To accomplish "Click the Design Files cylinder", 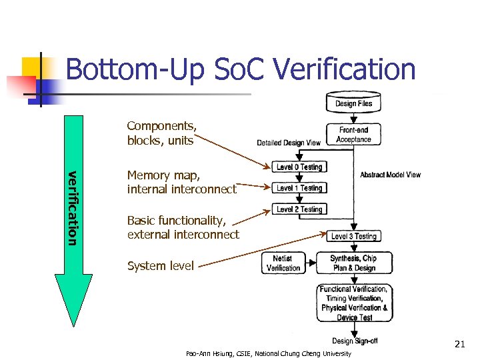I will tap(353, 102).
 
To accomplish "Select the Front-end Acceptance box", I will tap(353, 135).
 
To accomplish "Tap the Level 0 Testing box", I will tap(299, 167).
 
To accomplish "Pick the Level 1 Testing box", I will tap(299, 188).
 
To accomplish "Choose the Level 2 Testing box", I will tap(299, 209).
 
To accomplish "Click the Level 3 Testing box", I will tap(354, 236).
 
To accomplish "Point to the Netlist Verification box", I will tap(283, 263).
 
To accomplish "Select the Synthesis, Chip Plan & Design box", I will tap(353, 263).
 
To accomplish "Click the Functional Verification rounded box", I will tap(353, 303).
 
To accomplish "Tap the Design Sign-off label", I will tap(355, 341).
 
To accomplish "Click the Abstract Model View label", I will tap(391, 175).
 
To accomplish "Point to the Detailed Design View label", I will tap(289, 143).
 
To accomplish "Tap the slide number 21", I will tap(459, 345).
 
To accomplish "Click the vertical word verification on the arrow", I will tap(73, 207).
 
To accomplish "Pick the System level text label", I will tap(161, 266).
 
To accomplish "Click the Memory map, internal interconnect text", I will tap(181, 182).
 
